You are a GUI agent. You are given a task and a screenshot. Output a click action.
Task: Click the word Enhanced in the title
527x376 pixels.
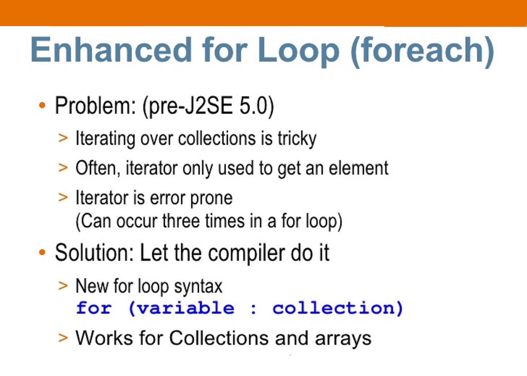coord(111,50)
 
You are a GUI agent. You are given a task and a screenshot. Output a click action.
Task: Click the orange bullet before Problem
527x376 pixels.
coord(42,106)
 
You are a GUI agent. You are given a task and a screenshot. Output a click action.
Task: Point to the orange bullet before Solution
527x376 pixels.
coord(42,252)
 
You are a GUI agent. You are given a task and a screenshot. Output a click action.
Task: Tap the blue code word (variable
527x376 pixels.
coord(181,308)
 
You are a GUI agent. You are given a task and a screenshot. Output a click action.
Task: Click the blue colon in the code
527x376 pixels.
coord(253,309)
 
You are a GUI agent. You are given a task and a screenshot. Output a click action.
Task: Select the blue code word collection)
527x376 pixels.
coord(337,308)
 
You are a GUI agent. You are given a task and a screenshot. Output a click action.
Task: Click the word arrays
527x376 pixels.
coord(343,338)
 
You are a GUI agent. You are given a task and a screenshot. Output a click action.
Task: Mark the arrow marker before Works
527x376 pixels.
coord(63,338)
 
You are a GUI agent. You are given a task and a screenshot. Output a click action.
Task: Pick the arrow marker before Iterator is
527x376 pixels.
coord(63,197)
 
